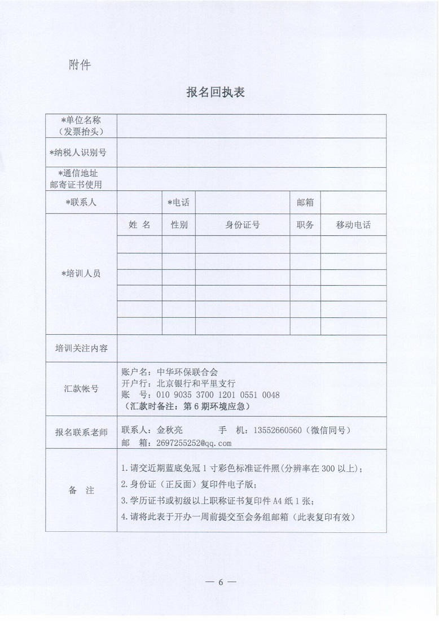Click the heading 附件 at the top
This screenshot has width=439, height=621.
click(x=80, y=65)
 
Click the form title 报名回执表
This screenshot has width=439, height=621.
click(x=216, y=93)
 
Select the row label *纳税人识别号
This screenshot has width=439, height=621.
click(x=81, y=152)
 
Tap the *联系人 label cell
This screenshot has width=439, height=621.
click(x=81, y=202)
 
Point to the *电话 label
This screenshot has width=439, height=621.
click(x=178, y=202)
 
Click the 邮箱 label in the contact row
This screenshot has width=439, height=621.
click(x=305, y=202)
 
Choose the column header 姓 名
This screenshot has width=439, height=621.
click(x=139, y=225)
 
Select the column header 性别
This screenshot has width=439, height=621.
click(x=179, y=225)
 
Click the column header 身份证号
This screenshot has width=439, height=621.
click(x=243, y=225)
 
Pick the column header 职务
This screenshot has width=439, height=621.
click(x=305, y=225)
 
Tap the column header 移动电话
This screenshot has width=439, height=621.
click(x=353, y=225)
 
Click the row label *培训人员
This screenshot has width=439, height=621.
click(x=81, y=274)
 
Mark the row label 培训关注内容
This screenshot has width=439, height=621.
click(x=81, y=349)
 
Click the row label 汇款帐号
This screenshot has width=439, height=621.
click(x=81, y=388)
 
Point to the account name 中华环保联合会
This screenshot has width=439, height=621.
click(x=186, y=371)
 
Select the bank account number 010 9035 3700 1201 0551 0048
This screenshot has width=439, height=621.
click(x=218, y=394)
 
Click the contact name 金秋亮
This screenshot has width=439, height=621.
click(x=169, y=430)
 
